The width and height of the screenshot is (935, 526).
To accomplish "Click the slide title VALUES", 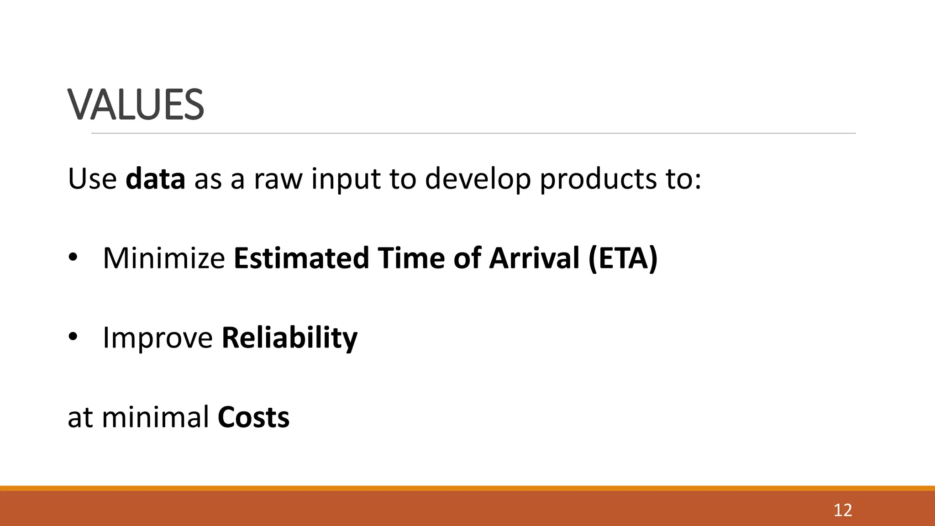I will coord(136,105).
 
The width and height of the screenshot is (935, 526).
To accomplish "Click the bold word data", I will coord(155,179).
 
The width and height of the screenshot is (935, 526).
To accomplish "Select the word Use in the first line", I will coord(92,179).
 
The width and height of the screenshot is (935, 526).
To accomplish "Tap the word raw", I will coord(278,179).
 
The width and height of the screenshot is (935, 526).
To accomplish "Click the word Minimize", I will coord(164,258).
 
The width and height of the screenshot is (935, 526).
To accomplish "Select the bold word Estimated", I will coord(301,258).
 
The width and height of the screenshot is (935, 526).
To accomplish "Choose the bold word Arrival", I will coord(534,258).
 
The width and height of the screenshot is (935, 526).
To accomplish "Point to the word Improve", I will coord(158,338).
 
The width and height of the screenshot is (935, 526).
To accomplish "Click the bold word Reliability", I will coord(289,338).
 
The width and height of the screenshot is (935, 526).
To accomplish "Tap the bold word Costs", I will coord(253,417).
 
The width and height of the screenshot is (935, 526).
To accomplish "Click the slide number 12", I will coord(842,510).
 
